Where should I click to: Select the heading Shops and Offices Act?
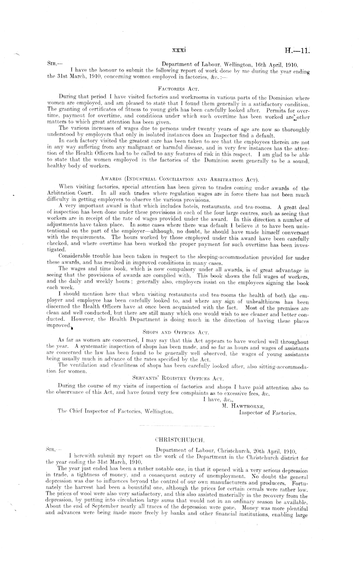(176, 332)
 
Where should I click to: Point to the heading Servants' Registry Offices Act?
(178, 377)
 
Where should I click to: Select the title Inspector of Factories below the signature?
(268, 413)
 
